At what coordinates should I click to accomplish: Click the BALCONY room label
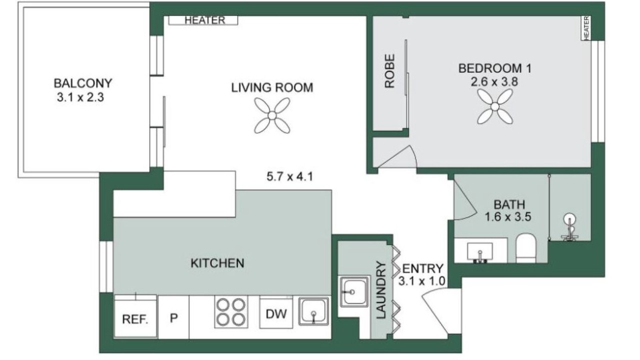click(83, 83)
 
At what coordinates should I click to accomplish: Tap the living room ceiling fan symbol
click(272, 115)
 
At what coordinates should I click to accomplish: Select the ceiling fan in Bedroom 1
click(495, 106)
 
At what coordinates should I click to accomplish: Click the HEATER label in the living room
click(205, 20)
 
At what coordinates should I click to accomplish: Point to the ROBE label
click(389, 71)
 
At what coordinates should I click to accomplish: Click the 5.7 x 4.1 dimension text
click(289, 176)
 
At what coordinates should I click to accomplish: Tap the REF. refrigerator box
click(135, 316)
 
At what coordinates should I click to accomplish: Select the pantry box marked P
click(173, 317)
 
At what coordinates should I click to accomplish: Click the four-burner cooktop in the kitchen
click(231, 311)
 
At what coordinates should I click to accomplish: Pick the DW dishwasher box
click(276, 313)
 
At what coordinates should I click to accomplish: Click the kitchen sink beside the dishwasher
click(313, 311)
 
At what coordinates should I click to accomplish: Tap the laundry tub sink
click(353, 291)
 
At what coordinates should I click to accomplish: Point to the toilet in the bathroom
click(526, 248)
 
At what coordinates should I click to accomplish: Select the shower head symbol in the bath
click(569, 227)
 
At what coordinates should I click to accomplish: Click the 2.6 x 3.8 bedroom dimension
click(494, 82)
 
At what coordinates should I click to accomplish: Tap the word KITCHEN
click(217, 263)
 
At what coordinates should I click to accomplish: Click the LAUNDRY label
click(381, 289)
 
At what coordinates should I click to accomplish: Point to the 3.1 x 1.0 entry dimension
click(421, 281)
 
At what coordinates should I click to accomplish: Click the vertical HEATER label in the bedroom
click(586, 28)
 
